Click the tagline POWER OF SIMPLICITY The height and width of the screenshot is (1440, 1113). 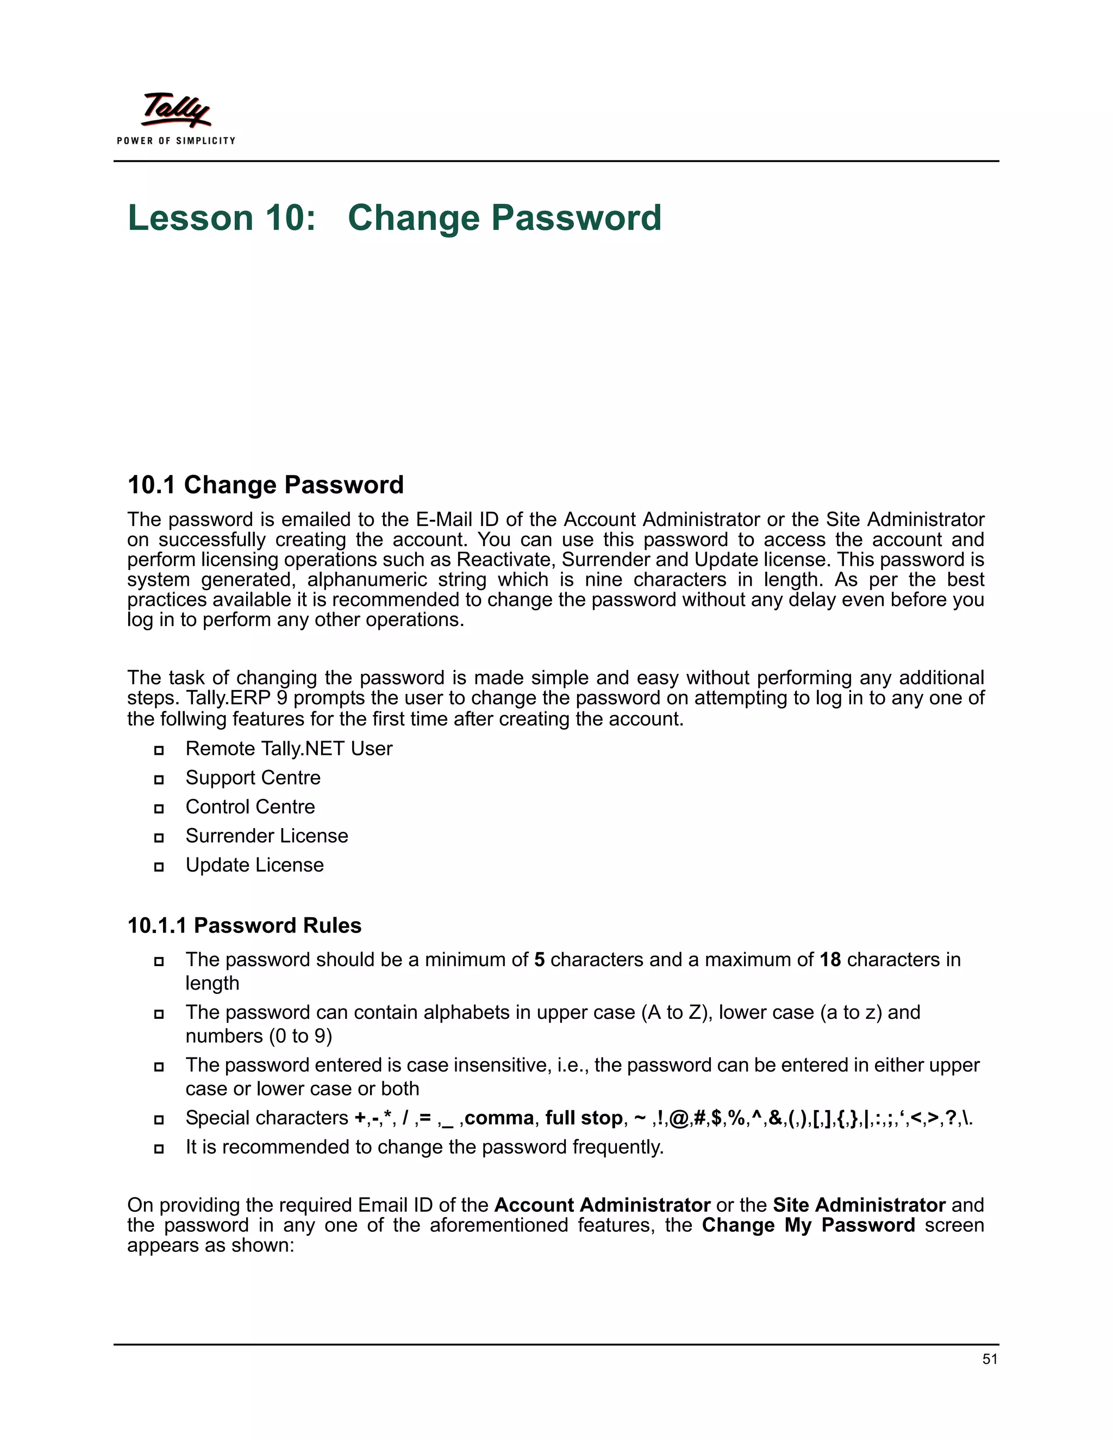point(176,140)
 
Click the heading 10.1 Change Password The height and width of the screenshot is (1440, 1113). point(265,485)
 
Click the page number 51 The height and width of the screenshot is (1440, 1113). point(989,1359)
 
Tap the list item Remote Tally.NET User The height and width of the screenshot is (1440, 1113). point(289,748)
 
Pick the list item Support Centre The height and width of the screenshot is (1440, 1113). point(253,778)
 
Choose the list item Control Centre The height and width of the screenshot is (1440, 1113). point(250,806)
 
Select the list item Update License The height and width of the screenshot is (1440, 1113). point(254,865)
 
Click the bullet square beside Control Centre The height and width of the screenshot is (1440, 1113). point(159,809)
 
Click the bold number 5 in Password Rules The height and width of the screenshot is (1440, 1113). point(539,959)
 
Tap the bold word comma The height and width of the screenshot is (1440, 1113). point(499,1118)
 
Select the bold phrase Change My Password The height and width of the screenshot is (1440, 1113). point(808,1225)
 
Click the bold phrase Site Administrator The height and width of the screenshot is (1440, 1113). point(859,1205)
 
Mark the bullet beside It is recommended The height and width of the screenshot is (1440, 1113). point(159,1149)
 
